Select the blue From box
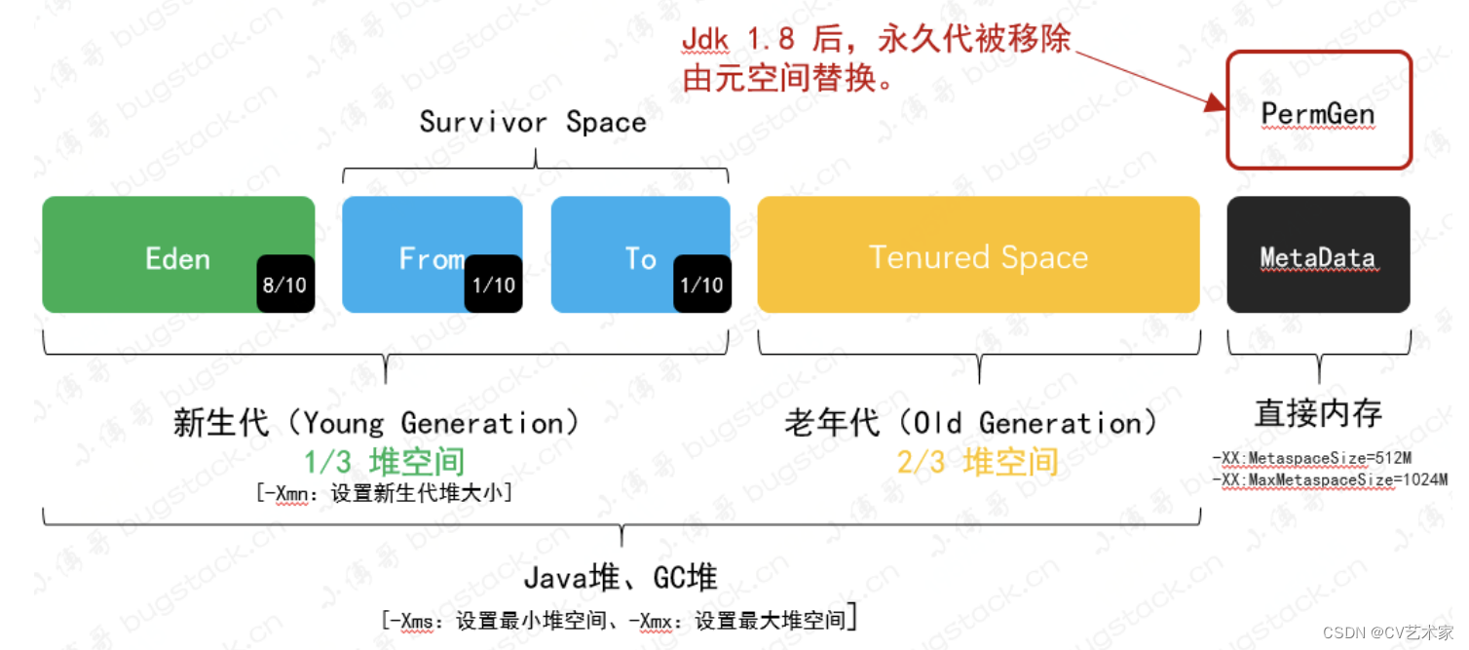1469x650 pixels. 409,234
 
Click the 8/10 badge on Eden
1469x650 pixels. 285,285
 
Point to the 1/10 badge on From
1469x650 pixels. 493,285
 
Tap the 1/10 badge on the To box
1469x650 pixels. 701,285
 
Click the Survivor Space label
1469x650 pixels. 533,123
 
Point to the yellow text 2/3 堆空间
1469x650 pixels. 977,462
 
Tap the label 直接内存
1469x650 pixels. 1318,414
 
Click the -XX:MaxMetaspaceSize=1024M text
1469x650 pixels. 1329,479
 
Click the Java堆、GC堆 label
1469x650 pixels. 621,578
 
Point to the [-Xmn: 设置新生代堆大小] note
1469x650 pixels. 385,493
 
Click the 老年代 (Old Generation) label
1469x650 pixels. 971,424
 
